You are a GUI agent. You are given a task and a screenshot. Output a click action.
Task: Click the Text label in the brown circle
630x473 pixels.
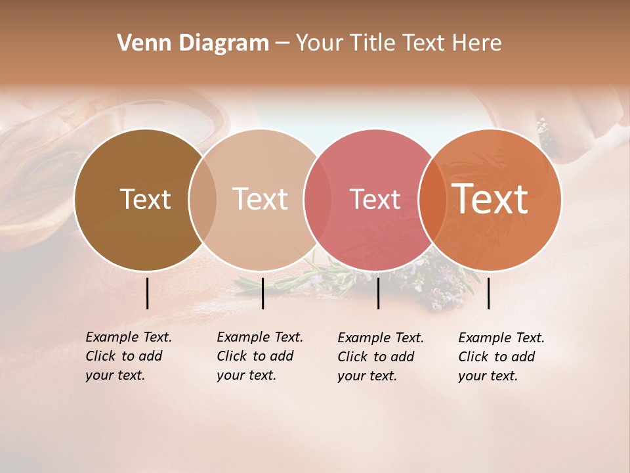pos(145,199)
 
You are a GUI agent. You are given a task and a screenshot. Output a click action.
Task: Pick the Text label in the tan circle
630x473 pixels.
pos(260,199)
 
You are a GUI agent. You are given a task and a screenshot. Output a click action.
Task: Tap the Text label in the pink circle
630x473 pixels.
pos(375,199)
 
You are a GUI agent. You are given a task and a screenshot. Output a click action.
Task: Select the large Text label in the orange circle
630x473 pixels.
pos(490,198)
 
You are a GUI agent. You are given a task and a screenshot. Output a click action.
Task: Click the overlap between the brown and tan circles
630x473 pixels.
pos(202,200)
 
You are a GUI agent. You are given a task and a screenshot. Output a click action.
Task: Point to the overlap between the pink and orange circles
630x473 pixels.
pos(432,200)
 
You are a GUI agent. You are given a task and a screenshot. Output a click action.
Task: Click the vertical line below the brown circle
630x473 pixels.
pos(147,293)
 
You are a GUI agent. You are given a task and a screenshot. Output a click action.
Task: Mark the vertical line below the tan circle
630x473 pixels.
pos(262,293)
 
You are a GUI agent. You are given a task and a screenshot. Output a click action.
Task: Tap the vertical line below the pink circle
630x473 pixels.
pos(378,293)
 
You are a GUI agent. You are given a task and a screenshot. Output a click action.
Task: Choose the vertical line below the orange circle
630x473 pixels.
pos(488,293)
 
